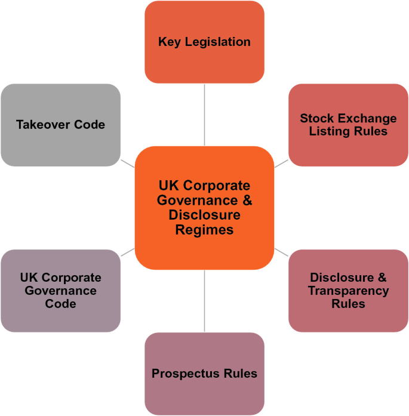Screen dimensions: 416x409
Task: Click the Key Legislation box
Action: click(204, 42)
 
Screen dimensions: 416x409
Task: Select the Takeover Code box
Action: click(60, 125)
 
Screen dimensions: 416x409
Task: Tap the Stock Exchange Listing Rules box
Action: click(348, 125)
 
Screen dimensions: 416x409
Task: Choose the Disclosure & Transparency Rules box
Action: click(348, 291)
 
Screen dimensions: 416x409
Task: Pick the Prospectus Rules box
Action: click(204, 374)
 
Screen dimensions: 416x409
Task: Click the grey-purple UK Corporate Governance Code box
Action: click(60, 291)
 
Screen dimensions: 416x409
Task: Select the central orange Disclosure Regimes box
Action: click(204, 208)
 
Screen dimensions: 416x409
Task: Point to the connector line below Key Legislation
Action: click(204, 114)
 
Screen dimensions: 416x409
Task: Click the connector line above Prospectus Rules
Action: click(204, 301)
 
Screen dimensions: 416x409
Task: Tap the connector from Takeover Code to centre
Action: click(127, 163)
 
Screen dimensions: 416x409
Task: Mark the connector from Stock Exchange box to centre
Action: click(281, 163)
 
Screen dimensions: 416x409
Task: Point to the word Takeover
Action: click(45, 125)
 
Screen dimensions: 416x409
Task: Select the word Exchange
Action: click(366, 118)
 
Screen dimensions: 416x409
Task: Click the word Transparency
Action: click(348, 291)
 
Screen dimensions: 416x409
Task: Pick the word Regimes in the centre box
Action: click(204, 230)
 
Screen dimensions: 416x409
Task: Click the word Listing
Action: click(328, 131)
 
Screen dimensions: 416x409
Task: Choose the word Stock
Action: click(316, 118)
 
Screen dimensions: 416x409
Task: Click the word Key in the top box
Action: click(169, 42)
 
